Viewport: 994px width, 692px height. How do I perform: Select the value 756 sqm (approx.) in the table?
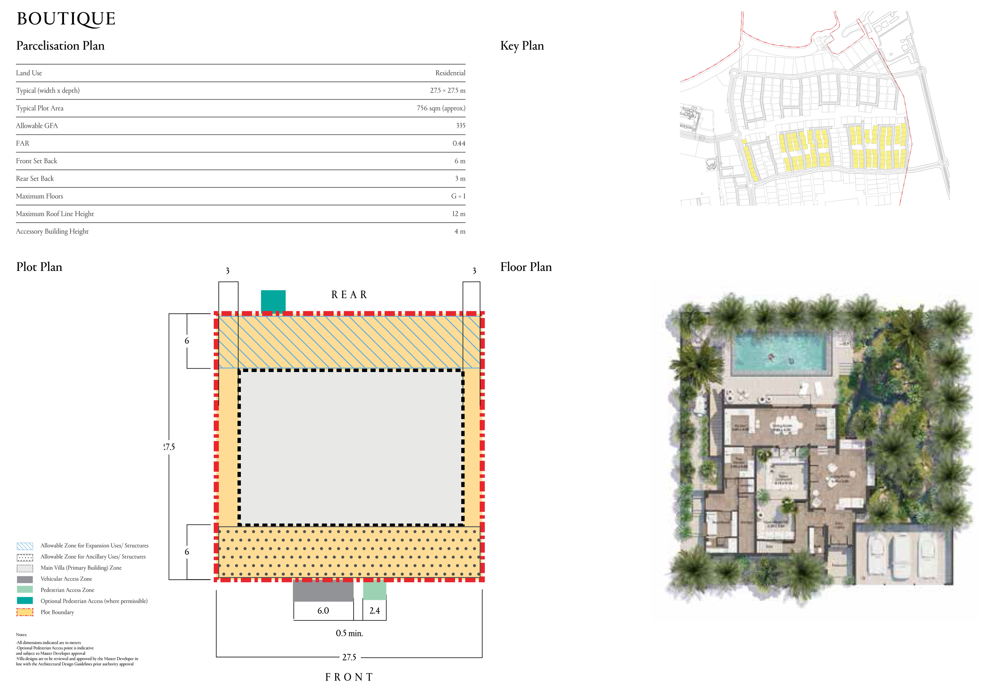pyautogui.click(x=441, y=108)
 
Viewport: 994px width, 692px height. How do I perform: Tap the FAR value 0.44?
pyautogui.click(x=458, y=143)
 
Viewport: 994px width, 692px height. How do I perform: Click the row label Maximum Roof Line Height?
pyautogui.click(x=55, y=214)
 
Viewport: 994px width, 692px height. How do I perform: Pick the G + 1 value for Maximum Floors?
pyautogui.click(x=458, y=196)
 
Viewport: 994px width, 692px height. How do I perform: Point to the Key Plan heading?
pyautogui.click(x=522, y=46)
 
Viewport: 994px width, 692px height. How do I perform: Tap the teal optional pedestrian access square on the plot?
pyautogui.click(x=273, y=300)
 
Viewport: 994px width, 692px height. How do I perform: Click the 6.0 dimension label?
pyautogui.click(x=323, y=611)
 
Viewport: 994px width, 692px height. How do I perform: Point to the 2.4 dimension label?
pyautogui.click(x=375, y=611)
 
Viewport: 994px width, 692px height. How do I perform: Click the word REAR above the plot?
pyautogui.click(x=349, y=295)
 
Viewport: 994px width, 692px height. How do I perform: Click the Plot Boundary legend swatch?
pyautogui.click(x=25, y=612)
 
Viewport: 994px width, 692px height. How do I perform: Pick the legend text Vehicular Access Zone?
pyautogui.click(x=66, y=579)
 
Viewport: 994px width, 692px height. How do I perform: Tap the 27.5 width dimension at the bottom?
pyautogui.click(x=349, y=657)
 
